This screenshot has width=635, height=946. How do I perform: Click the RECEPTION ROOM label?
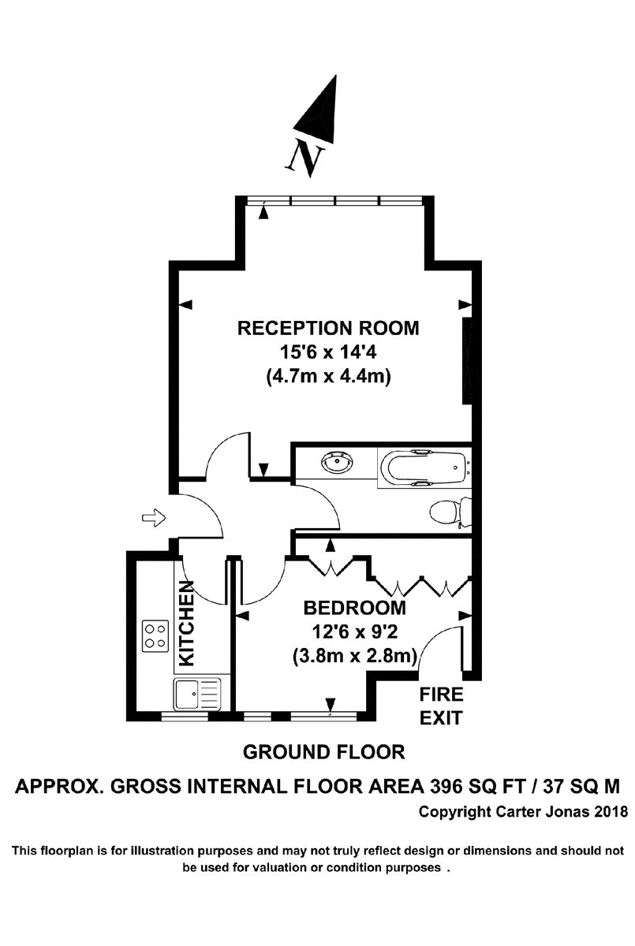pyautogui.click(x=328, y=328)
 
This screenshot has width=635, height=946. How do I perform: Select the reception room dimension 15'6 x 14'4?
pyautogui.click(x=328, y=352)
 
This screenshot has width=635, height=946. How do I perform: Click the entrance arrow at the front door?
pyautogui.click(x=153, y=518)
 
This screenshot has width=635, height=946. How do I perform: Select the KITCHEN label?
pyautogui.click(x=186, y=624)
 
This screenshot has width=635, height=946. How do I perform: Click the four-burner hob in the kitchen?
pyautogui.click(x=155, y=635)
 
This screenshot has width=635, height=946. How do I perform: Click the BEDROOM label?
pyautogui.click(x=355, y=608)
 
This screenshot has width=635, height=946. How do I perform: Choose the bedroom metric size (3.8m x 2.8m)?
pyautogui.click(x=355, y=655)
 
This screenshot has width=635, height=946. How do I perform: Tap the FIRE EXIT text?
pyautogui.click(x=440, y=706)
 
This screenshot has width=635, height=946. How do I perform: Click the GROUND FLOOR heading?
pyautogui.click(x=323, y=752)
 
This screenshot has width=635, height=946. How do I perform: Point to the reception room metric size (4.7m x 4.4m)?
pyautogui.click(x=328, y=377)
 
